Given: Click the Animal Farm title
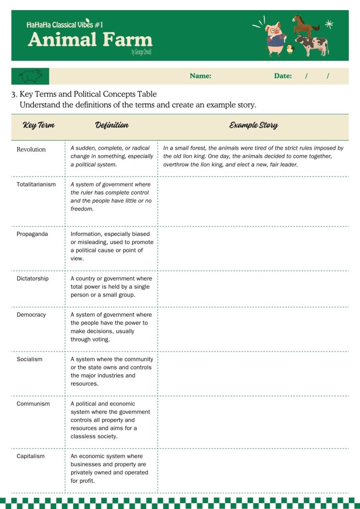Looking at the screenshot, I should tap(90, 40).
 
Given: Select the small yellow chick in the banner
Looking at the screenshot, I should tap(290, 48).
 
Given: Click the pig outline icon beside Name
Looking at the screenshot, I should tap(30, 76).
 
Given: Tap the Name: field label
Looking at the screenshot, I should tap(200, 76).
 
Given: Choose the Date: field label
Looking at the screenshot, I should tap(283, 76).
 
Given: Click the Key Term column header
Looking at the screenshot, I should tap(38, 125).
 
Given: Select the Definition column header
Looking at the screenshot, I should tap(111, 125).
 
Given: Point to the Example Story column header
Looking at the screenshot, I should tap(253, 125).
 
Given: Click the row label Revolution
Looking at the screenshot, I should tap(31, 150).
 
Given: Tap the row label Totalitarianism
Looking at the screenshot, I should tap(36, 185).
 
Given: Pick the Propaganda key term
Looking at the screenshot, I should tap(32, 234).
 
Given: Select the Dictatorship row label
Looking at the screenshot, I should tap(32, 279).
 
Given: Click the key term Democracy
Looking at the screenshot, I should tap(31, 315).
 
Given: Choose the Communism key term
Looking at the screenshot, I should tap(33, 404).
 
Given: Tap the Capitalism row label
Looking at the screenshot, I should tap(31, 456).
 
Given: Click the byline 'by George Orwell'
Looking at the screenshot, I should tap(141, 52).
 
